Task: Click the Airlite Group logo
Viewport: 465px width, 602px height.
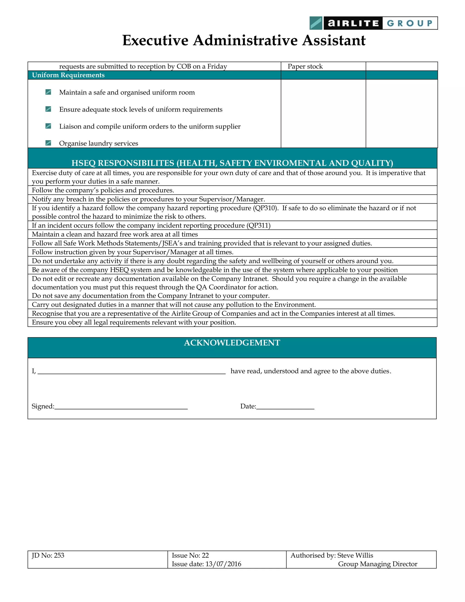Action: pyautogui.click(x=373, y=23)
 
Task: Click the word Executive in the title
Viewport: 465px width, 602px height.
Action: pyautogui.click(x=155, y=40)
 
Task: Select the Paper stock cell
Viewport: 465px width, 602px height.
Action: pyautogui.click(x=305, y=66)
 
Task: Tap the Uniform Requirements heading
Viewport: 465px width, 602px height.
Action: pyautogui.click(x=68, y=75)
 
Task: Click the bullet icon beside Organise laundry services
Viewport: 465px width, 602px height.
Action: pyautogui.click(x=48, y=143)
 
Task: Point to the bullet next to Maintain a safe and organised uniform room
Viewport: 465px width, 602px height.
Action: pyautogui.click(x=48, y=92)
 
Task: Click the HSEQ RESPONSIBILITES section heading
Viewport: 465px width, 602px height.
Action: pyautogui.click(x=232, y=163)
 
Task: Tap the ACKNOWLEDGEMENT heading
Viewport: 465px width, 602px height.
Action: pyautogui.click(x=232, y=343)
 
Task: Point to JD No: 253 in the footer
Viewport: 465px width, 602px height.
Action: pyautogui.click(x=48, y=555)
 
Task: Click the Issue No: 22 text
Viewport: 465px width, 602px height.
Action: pyautogui.click(x=190, y=555)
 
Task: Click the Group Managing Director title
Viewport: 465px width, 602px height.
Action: pyautogui.click(x=377, y=564)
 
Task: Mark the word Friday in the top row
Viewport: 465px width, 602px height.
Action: pyautogui.click(x=217, y=66)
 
